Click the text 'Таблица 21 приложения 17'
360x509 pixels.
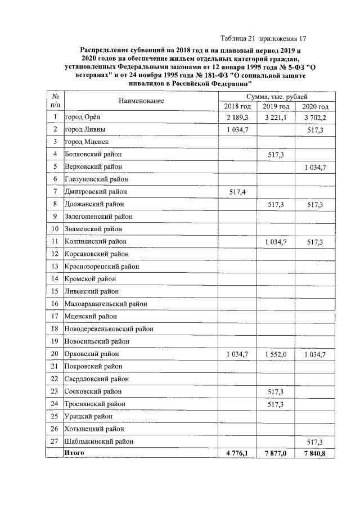click(264, 39)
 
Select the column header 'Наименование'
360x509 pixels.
click(141, 101)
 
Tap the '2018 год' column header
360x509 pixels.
click(237, 106)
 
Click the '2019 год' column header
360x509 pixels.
click(276, 106)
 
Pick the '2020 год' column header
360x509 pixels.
click(314, 106)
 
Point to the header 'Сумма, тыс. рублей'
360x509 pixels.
click(276, 96)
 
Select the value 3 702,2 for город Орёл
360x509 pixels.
click(314, 117)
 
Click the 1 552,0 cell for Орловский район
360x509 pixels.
click(276, 354)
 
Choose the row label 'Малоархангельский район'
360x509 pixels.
click(106, 304)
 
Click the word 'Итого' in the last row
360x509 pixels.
click(75, 453)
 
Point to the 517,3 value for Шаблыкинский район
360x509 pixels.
click(314, 442)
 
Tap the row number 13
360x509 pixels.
click(55, 267)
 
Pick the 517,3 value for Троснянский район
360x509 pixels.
click(276, 404)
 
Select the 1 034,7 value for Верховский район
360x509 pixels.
click(314, 167)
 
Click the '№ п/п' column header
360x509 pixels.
click(55, 101)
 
